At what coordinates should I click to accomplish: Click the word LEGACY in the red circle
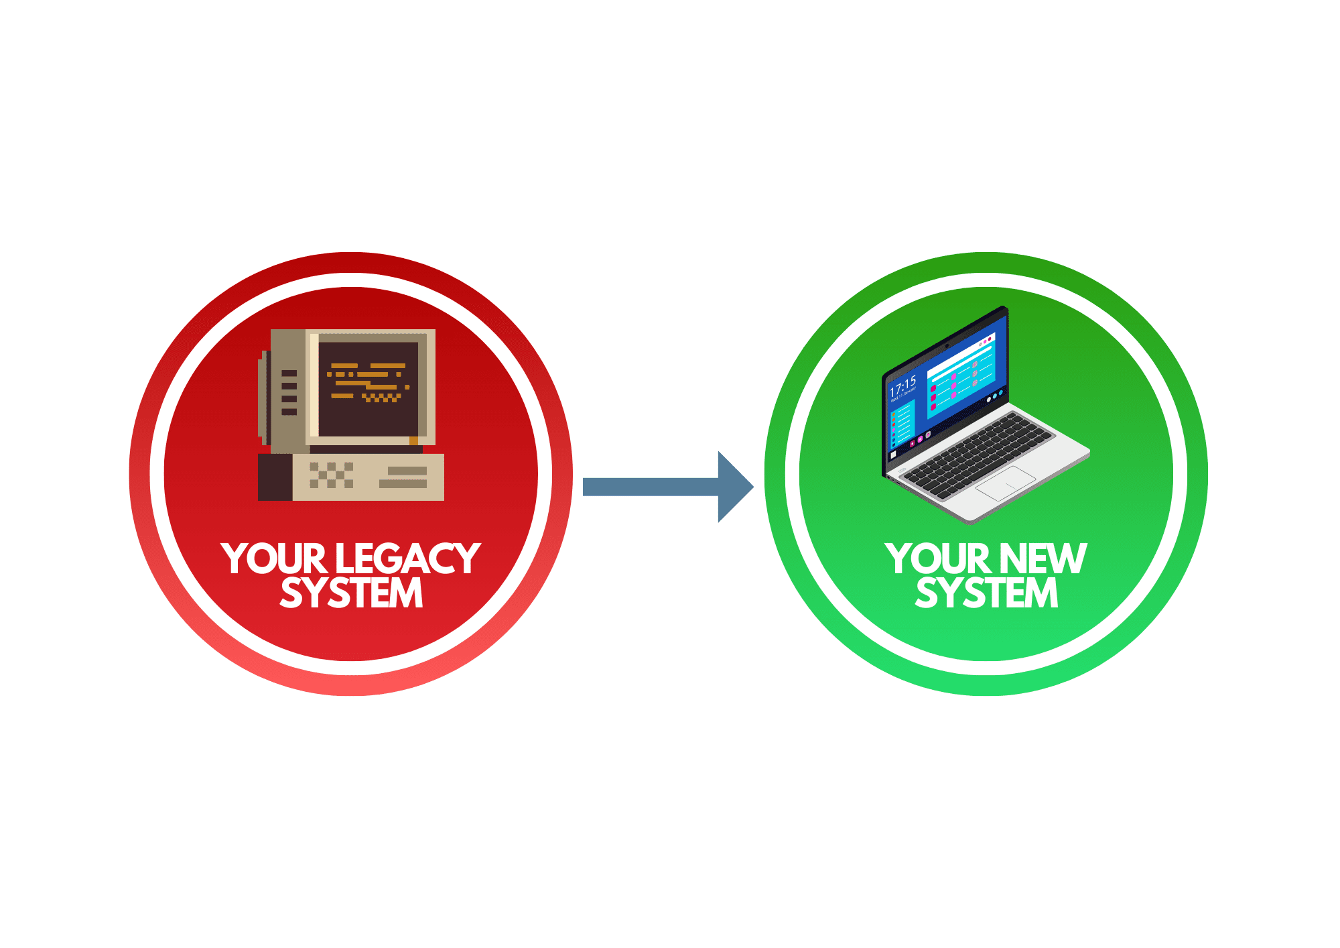(x=407, y=559)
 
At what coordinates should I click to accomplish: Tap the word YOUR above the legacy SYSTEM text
(x=273, y=559)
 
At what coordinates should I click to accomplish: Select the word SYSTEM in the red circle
(x=351, y=593)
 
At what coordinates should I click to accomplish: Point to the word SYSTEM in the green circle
(x=986, y=593)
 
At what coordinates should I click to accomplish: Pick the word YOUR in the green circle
(x=937, y=559)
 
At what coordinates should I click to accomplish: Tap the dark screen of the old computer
(x=368, y=416)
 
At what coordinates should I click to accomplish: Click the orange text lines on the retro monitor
(x=368, y=382)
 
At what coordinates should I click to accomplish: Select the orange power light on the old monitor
(x=413, y=440)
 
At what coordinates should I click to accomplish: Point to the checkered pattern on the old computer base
(x=331, y=475)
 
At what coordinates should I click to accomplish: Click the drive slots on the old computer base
(x=403, y=477)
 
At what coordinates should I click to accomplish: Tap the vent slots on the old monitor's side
(x=289, y=392)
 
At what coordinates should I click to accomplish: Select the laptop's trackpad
(x=1005, y=483)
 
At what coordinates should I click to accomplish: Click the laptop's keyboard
(x=978, y=453)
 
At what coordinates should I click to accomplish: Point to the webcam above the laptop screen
(x=947, y=346)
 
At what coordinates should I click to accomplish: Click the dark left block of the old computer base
(x=275, y=477)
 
